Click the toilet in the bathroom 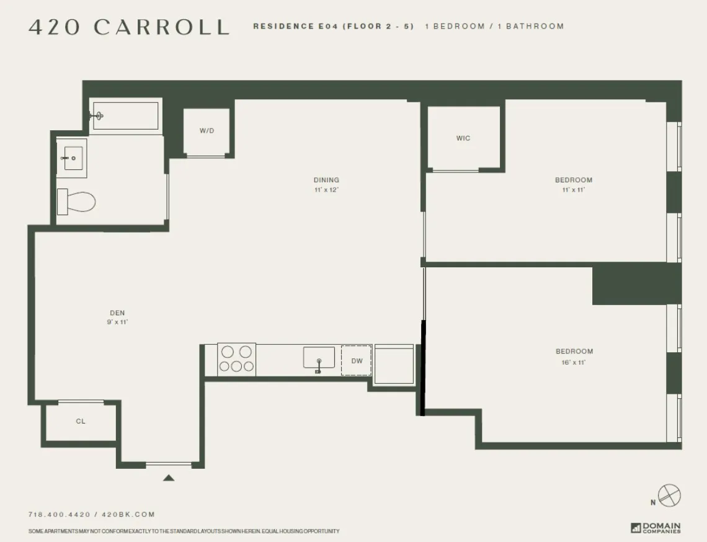click(76, 202)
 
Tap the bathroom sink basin click(73, 159)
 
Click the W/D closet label click(207, 131)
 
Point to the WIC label click(463, 138)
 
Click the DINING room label click(326, 180)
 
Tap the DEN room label click(117, 313)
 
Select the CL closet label click(81, 422)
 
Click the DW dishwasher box click(357, 361)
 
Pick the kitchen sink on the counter click(319, 358)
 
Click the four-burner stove click(236, 359)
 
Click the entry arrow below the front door click(168, 478)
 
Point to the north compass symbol click(669, 496)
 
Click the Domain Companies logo click(656, 528)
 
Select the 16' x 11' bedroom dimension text click(574, 363)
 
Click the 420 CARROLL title click(129, 27)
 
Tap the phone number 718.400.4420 click(60, 515)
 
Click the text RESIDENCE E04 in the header click(295, 27)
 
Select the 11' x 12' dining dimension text click(326, 190)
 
